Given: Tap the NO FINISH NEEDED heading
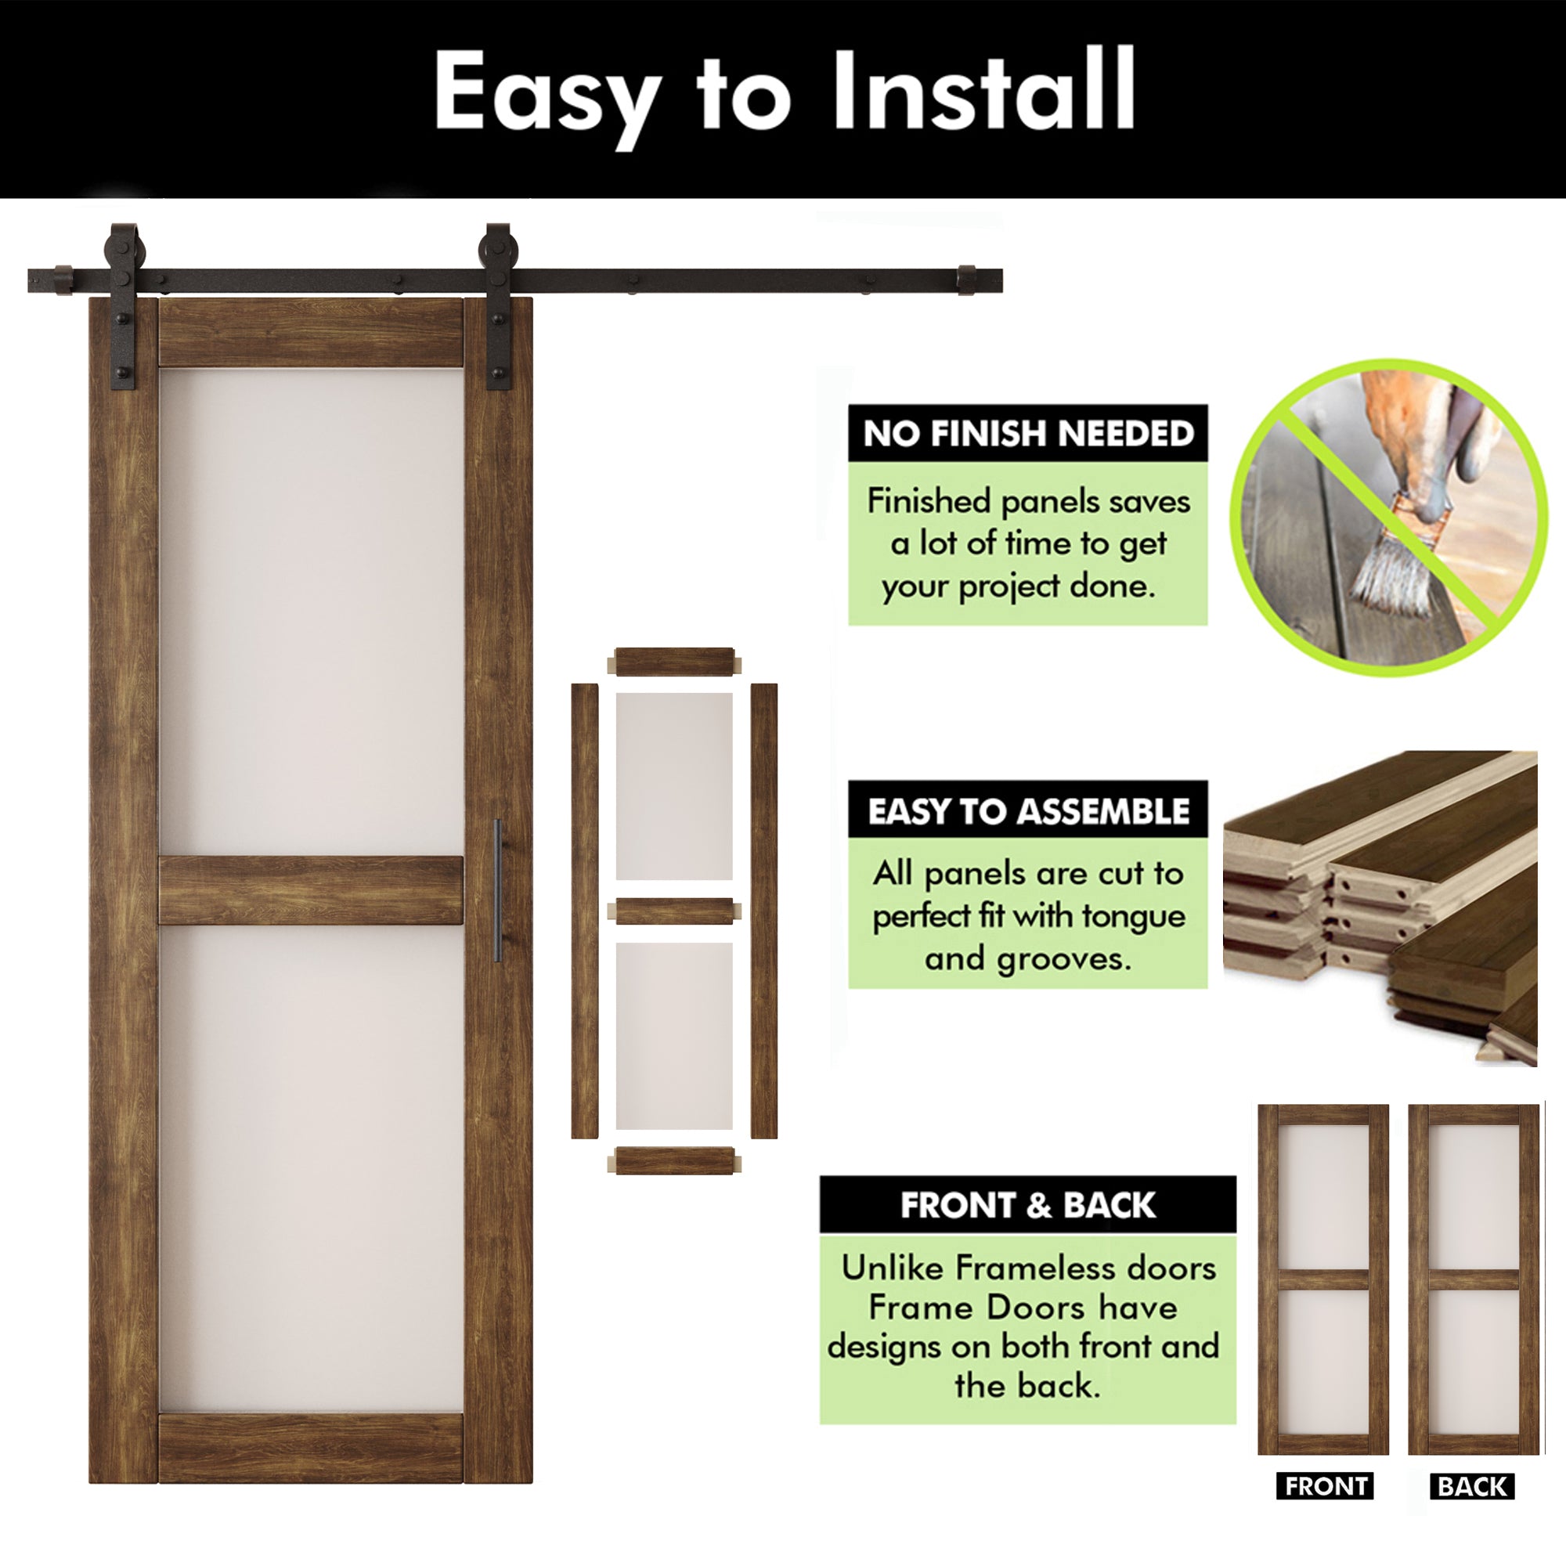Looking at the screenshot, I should pos(1028,434).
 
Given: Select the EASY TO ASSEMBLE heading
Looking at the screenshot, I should pos(1028,811).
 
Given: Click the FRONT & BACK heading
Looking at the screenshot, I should pos(1028,1205).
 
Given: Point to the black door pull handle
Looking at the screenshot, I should pos(498,890).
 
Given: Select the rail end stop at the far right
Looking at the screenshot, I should pos(967,280).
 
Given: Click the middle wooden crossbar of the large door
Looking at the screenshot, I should pos(310,890).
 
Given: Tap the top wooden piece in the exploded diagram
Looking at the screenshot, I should pos(674,662).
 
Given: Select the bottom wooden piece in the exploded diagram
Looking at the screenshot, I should pos(674,1160).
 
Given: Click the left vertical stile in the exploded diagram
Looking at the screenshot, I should pos(584,911).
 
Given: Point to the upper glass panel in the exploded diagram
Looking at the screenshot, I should pos(674,786).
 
